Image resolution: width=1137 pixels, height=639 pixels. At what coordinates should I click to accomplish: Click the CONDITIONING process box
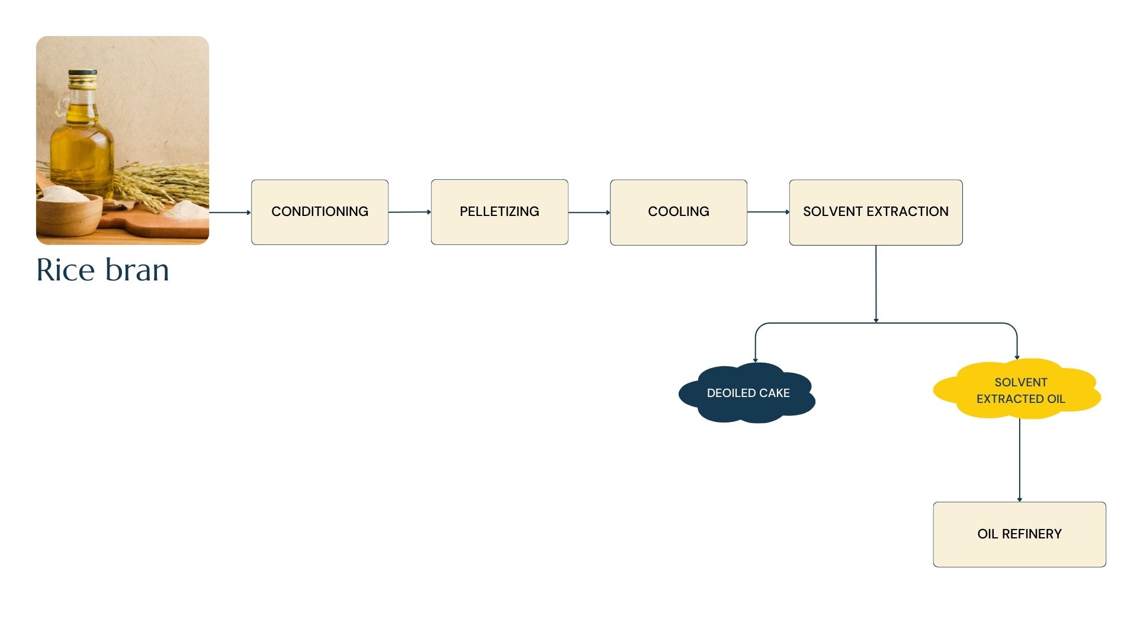tap(320, 212)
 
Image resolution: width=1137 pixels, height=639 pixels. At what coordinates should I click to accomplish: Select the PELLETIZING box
tap(499, 212)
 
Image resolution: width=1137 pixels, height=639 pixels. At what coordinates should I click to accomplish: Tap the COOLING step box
tap(678, 212)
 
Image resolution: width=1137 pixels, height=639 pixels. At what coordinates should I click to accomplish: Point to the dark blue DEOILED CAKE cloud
tap(747, 393)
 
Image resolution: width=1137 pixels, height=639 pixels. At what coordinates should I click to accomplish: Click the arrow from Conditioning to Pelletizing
tap(409, 212)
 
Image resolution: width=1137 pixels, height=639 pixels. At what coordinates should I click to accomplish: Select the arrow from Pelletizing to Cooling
tap(589, 212)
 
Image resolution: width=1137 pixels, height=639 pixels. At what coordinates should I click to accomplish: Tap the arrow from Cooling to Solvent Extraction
tap(767, 212)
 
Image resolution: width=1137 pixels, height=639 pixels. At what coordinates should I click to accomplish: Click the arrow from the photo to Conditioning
tap(230, 212)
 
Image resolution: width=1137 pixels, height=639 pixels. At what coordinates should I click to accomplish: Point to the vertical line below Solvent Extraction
tap(875, 284)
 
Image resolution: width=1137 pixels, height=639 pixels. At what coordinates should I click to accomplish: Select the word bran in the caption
tap(137, 270)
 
